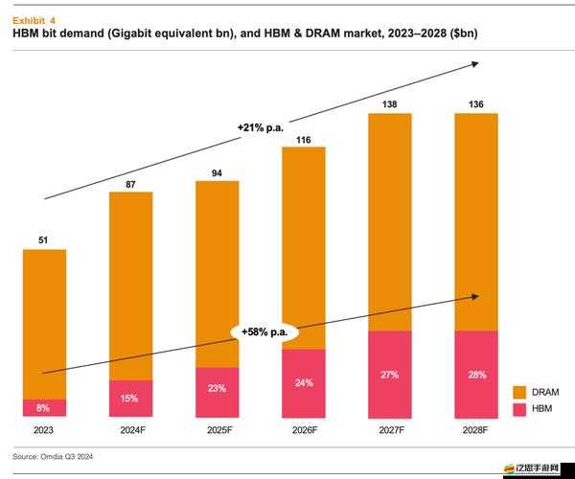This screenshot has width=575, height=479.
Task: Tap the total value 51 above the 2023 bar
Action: pyautogui.click(x=43, y=241)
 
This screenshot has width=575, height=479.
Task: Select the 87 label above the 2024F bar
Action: pyautogui.click(x=130, y=184)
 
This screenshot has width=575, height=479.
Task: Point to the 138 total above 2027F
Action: pyautogui.click(x=389, y=104)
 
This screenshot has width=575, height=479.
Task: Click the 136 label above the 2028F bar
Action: pyautogui.click(x=476, y=104)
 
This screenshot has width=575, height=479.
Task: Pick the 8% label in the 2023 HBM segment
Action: pyautogui.click(x=43, y=408)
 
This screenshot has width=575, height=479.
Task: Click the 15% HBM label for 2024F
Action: pyautogui.click(x=130, y=399)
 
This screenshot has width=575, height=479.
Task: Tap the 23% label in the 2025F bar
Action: pyautogui.click(x=217, y=389)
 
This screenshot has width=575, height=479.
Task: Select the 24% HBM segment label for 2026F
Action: pyautogui.click(x=303, y=383)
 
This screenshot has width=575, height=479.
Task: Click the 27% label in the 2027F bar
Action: pyautogui.click(x=389, y=375)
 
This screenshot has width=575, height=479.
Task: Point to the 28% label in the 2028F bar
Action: pyautogui.click(x=476, y=375)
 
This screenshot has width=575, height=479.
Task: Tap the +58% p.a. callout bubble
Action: pyautogui.click(x=265, y=331)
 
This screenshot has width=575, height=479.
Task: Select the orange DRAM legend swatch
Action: pyautogui.click(x=520, y=392)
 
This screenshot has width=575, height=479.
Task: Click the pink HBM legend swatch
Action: pyautogui.click(x=520, y=409)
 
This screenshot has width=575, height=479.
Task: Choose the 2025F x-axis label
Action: pyautogui.click(x=217, y=430)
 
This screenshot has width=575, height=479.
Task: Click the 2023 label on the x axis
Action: pyautogui.click(x=43, y=430)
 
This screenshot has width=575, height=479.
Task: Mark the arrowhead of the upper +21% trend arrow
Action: pyautogui.click(x=475, y=64)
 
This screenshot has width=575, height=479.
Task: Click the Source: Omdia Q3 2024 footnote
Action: pyautogui.click(x=53, y=456)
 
